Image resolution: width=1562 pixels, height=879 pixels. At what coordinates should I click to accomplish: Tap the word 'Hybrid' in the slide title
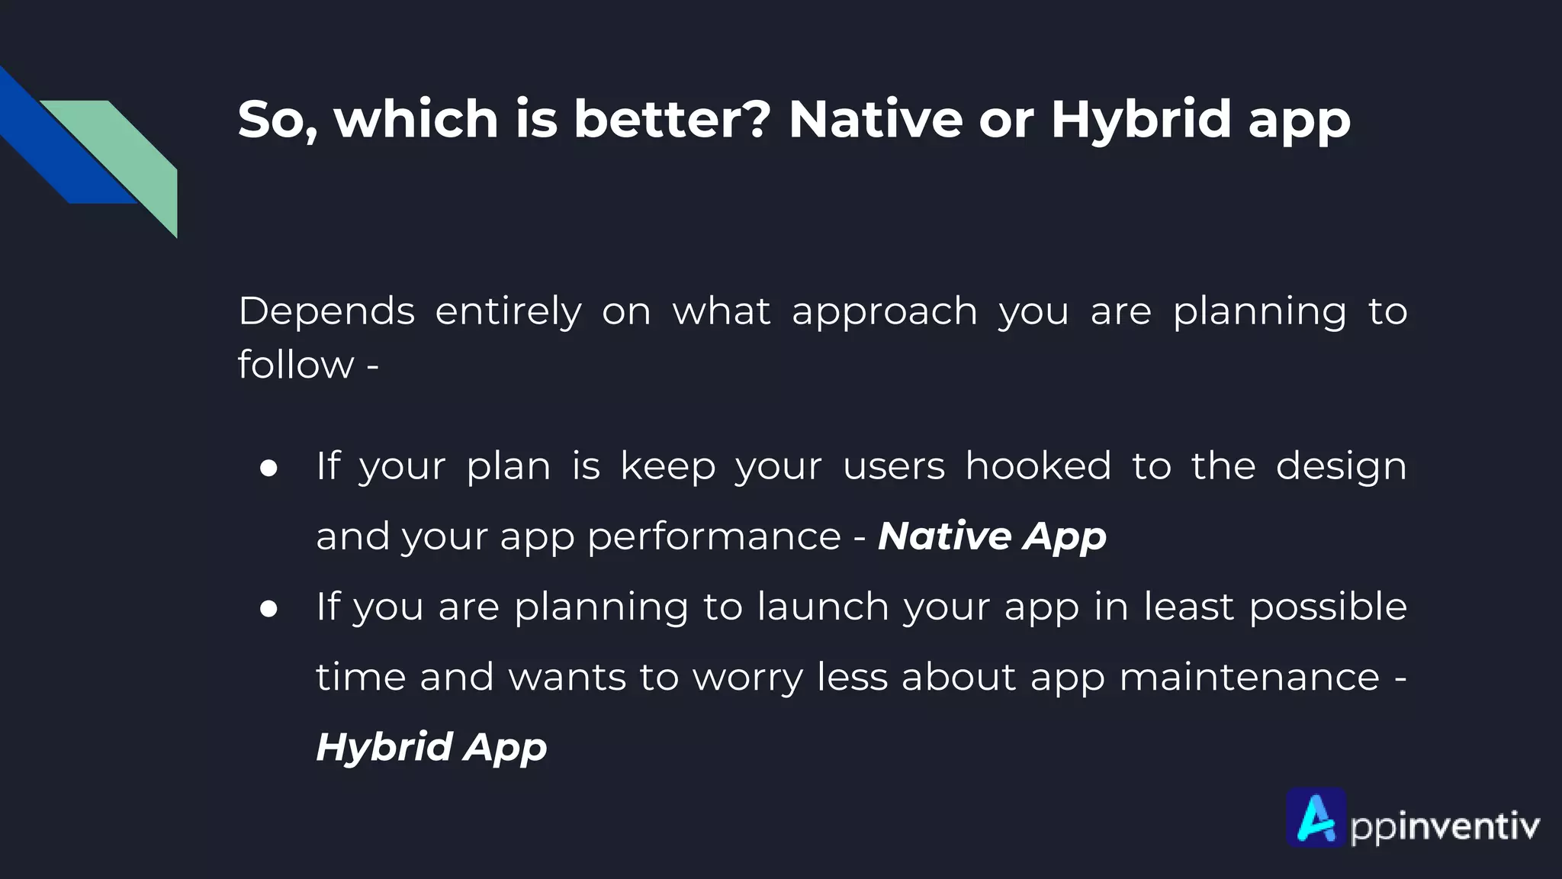point(1140,121)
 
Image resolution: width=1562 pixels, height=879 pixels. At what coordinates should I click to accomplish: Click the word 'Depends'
point(326,312)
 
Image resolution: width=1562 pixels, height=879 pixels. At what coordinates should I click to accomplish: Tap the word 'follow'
point(296,364)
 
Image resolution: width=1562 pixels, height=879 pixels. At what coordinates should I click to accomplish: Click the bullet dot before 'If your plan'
point(268,468)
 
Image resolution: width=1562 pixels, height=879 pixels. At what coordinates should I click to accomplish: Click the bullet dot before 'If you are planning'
point(268,609)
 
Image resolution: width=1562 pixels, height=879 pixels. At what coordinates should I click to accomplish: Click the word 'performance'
point(714,537)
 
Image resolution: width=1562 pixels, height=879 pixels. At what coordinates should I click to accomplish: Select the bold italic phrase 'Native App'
point(992,536)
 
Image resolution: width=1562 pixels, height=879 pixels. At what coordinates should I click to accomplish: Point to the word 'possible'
point(1328,607)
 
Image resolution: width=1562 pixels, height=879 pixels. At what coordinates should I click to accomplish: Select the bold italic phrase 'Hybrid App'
point(431,747)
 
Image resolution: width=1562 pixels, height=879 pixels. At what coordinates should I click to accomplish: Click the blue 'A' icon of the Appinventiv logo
point(1316,818)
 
